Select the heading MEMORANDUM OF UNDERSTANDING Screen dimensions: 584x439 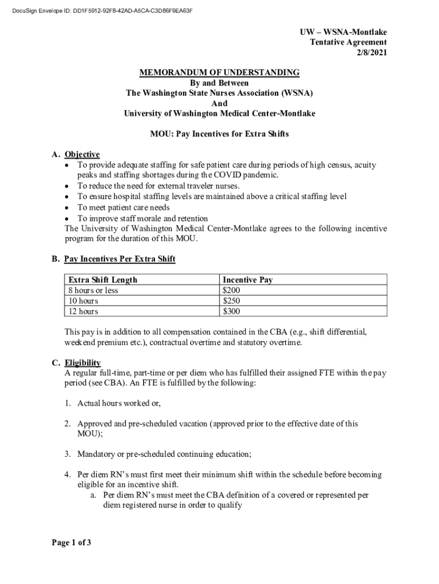[x=219, y=72]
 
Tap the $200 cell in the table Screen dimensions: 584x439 [x=231, y=290]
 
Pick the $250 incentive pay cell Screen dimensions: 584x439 [x=231, y=301]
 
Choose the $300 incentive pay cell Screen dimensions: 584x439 [x=231, y=311]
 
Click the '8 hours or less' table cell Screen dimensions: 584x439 [x=94, y=290]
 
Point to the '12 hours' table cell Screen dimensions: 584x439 [x=83, y=311]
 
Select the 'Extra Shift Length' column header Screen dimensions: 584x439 [x=103, y=280]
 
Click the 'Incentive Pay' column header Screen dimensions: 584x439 [x=247, y=280]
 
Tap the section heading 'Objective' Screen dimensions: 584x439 [x=82, y=155]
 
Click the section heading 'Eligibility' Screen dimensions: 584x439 [x=83, y=363]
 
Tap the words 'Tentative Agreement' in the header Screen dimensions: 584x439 [x=348, y=42]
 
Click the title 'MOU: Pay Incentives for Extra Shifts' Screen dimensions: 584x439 [x=219, y=134]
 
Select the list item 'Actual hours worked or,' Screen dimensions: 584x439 [x=119, y=403]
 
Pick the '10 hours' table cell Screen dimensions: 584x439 [x=83, y=301]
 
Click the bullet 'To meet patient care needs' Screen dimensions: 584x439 [x=124, y=207]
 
